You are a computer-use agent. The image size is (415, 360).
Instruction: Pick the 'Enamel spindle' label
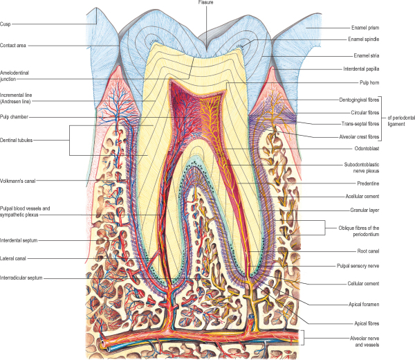(x=367, y=41)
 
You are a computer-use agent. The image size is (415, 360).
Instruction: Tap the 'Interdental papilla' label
(x=371, y=69)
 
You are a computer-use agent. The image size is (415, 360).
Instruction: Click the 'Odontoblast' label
(x=362, y=148)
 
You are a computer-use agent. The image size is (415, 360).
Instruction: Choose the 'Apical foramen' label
(x=366, y=303)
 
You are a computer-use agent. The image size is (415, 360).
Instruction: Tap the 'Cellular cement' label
(x=367, y=284)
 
